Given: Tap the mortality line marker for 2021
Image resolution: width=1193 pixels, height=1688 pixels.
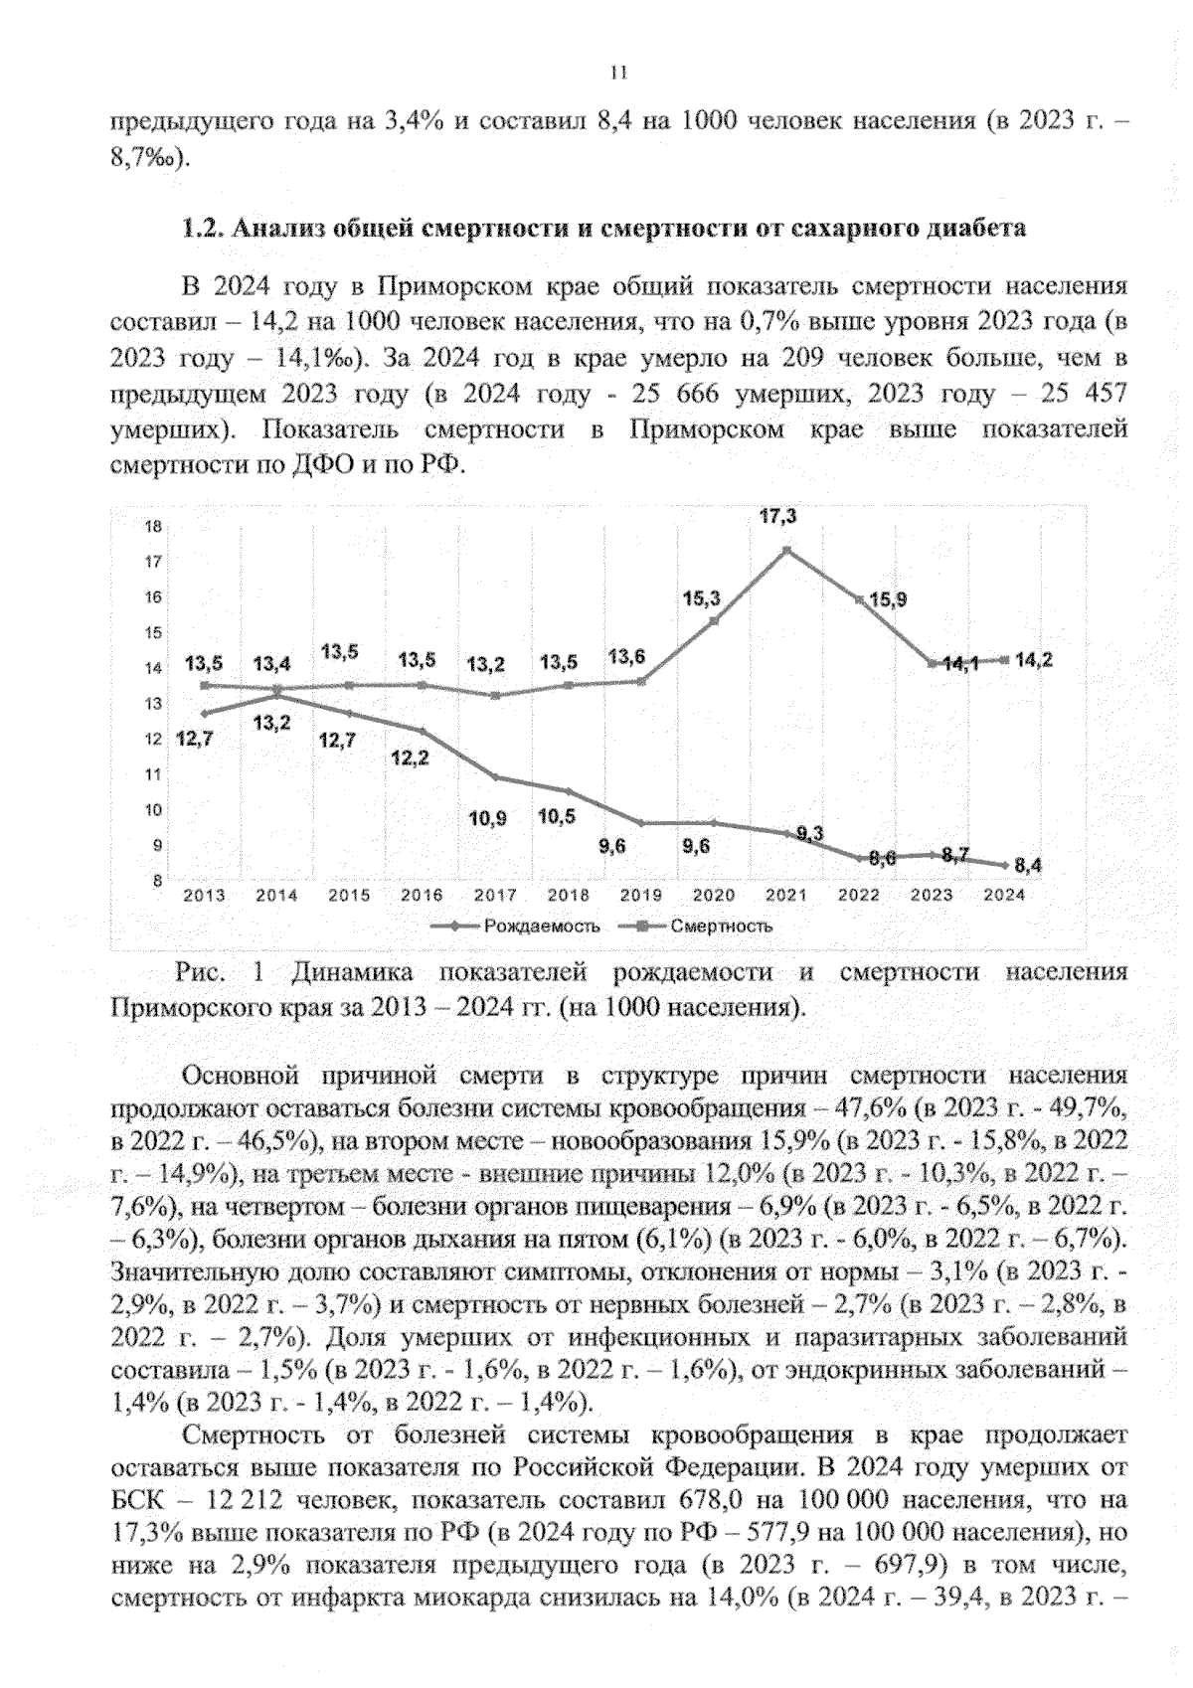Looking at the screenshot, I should pyautogui.click(x=787, y=550).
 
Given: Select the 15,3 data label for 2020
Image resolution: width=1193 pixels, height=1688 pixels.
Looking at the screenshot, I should pyautogui.click(x=701, y=598).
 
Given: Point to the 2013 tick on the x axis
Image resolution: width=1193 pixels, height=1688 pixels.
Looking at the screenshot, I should pyautogui.click(x=205, y=895).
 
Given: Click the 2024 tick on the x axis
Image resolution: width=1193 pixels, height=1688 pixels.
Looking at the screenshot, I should pyautogui.click(x=1004, y=895).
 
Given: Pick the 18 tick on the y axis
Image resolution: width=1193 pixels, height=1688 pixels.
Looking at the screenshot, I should pyautogui.click(x=154, y=527).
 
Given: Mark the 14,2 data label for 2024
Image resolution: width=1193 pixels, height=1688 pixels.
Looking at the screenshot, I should pyautogui.click(x=1034, y=660).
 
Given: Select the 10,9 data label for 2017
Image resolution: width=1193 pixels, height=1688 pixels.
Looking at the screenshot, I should pyautogui.click(x=487, y=819).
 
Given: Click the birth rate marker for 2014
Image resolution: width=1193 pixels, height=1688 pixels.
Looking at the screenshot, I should pyautogui.click(x=277, y=696).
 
